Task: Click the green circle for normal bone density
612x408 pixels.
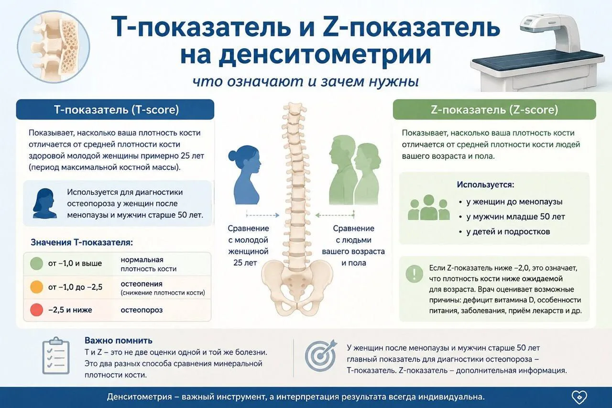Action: click(36, 264)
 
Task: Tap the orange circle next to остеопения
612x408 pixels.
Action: click(36, 287)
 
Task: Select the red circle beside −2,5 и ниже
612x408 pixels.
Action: click(36, 310)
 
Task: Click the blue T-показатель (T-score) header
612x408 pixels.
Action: click(115, 110)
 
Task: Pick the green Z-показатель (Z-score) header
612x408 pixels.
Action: click(494, 110)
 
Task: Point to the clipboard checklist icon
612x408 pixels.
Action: click(56, 355)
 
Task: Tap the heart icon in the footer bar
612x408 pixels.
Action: click(579, 397)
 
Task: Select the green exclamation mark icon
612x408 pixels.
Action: click(414, 274)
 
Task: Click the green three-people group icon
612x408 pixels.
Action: click(429, 208)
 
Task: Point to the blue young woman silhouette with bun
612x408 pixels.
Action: click(244, 175)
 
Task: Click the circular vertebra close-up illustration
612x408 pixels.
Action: click(54, 47)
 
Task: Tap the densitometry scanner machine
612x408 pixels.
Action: click(538, 53)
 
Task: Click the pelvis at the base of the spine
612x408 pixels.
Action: click(297, 287)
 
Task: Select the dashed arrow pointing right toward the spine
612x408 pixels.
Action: click(262, 215)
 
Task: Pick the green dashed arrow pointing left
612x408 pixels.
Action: click(335, 215)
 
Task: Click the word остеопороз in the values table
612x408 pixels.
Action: click(142, 310)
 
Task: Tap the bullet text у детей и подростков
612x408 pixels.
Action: click(508, 232)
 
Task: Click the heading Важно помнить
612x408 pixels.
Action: click(118, 341)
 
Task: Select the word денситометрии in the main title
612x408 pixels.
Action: click(306, 55)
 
